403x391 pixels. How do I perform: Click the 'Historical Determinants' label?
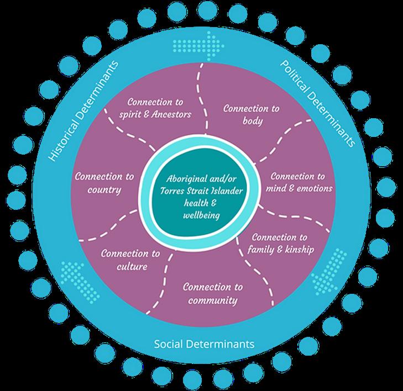(x=83, y=110)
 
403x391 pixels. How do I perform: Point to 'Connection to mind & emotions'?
(x=300, y=183)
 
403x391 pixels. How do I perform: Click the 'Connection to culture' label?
(x=131, y=260)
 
